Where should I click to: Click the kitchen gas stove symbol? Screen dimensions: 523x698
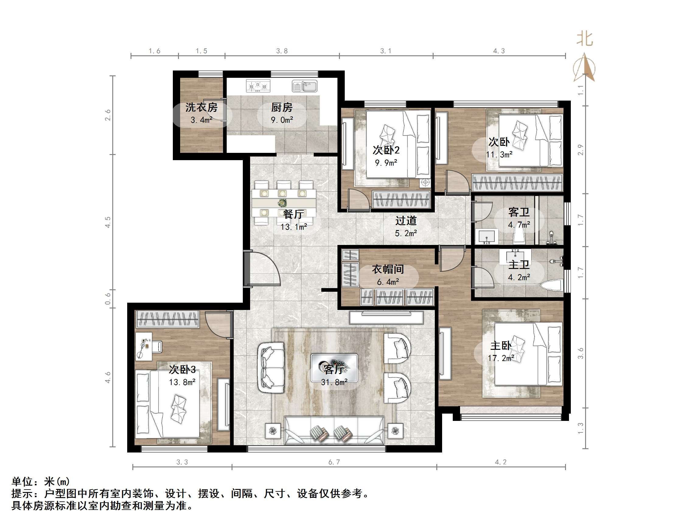point(258,85)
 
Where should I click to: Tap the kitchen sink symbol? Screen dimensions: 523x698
point(304,86)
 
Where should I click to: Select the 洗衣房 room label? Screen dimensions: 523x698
point(201,108)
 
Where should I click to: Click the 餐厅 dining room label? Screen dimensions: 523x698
point(293,214)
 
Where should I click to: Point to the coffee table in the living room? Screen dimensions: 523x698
point(334,368)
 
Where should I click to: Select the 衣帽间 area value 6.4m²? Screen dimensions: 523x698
point(388,282)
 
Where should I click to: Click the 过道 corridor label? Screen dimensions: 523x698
point(406,221)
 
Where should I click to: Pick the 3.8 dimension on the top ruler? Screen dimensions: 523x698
point(282,51)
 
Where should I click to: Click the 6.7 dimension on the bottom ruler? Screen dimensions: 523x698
point(334,462)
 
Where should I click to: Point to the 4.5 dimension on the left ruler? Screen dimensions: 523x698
point(108,222)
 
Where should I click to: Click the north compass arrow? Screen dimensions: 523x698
point(585,67)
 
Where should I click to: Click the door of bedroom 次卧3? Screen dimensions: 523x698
point(218,325)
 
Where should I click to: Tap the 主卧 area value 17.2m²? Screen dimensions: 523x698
point(501,358)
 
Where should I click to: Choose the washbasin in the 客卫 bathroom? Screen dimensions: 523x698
point(487,236)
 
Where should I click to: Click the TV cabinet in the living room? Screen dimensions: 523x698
point(386,318)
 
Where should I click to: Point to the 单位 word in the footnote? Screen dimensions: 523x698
point(23,481)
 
